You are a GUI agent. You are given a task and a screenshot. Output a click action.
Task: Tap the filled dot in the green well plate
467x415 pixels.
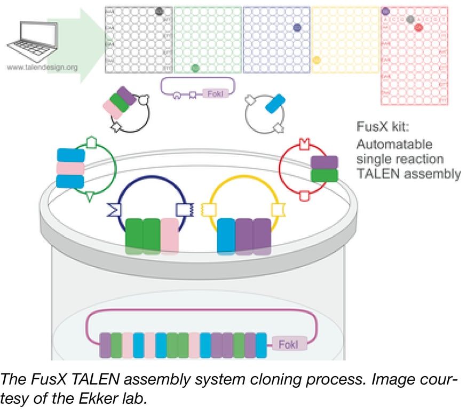[195, 68]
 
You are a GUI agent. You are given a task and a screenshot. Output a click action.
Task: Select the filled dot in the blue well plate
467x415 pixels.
[297, 27]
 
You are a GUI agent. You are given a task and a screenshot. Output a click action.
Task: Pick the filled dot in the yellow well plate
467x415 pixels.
[316, 60]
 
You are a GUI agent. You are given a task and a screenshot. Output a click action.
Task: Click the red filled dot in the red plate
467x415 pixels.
[418, 27]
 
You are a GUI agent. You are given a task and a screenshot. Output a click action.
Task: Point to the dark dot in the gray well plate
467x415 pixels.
[159, 11]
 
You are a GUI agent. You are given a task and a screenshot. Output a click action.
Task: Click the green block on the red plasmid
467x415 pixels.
[324, 175]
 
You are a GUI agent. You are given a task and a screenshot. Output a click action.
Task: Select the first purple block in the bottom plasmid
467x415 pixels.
[105, 345]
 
